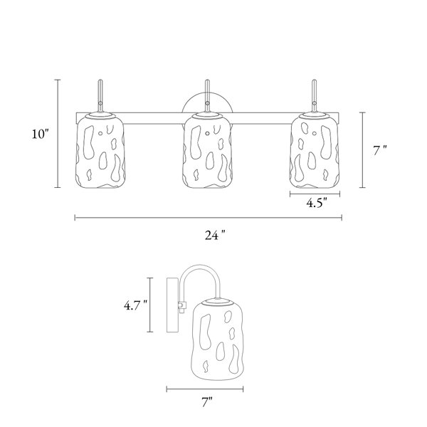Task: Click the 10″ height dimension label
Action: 41,134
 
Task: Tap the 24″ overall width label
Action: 216,236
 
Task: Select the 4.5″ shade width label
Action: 317,203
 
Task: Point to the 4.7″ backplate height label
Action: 136,305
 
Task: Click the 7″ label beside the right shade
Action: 379,151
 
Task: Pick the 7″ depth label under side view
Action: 207,403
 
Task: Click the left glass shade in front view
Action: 100,151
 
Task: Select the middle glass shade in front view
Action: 207,151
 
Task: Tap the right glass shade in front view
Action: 315,151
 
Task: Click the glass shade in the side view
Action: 218,339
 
